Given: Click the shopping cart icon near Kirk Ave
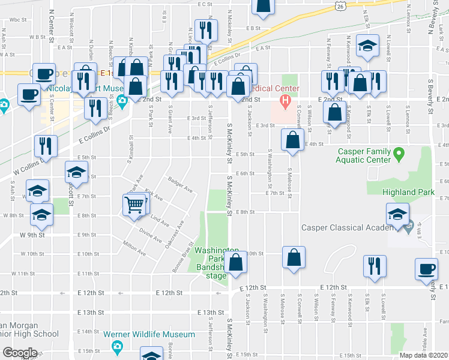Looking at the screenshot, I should point(135,205).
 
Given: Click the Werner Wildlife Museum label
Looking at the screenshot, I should point(157,334).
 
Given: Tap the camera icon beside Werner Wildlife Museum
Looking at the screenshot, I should point(118,346).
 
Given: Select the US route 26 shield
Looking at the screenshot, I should point(340,6).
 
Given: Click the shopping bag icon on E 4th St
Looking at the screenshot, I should point(292,141).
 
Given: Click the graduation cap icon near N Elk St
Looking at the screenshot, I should point(367,46).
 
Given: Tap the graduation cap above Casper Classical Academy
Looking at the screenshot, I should point(397,214).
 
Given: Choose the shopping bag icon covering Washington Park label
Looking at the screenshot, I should point(236,262).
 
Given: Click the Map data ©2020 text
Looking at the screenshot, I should point(424,355).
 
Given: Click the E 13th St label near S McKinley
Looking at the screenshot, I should point(209,313).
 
